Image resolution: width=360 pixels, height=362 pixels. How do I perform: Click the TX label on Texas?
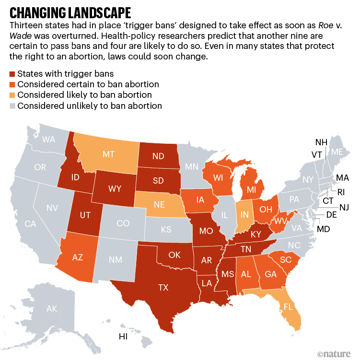(163, 288)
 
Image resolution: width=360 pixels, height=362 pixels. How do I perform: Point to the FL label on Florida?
(288, 305)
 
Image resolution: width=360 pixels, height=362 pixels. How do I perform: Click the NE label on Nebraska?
(159, 203)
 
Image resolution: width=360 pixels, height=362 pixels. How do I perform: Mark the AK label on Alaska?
(52, 309)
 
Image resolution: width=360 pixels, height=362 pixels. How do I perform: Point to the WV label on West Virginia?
(280, 222)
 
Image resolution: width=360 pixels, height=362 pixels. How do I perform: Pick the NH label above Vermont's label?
(321, 142)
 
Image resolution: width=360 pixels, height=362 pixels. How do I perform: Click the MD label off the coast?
(323, 229)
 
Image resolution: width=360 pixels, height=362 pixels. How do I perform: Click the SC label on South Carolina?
(286, 260)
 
